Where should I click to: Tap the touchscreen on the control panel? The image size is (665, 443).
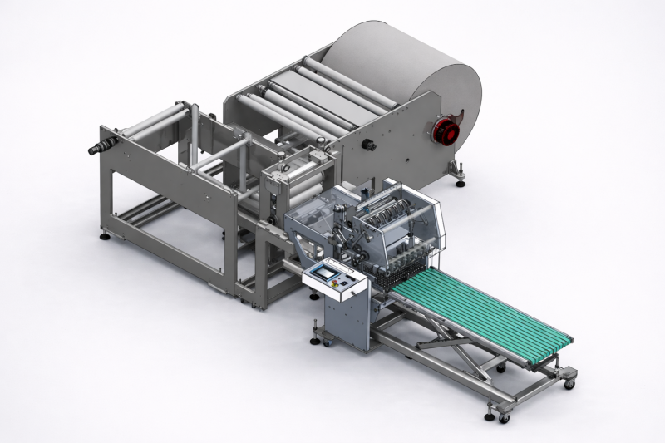point(323,272)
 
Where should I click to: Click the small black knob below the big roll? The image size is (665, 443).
point(367,146)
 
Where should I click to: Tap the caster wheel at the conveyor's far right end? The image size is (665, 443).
point(569,384)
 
